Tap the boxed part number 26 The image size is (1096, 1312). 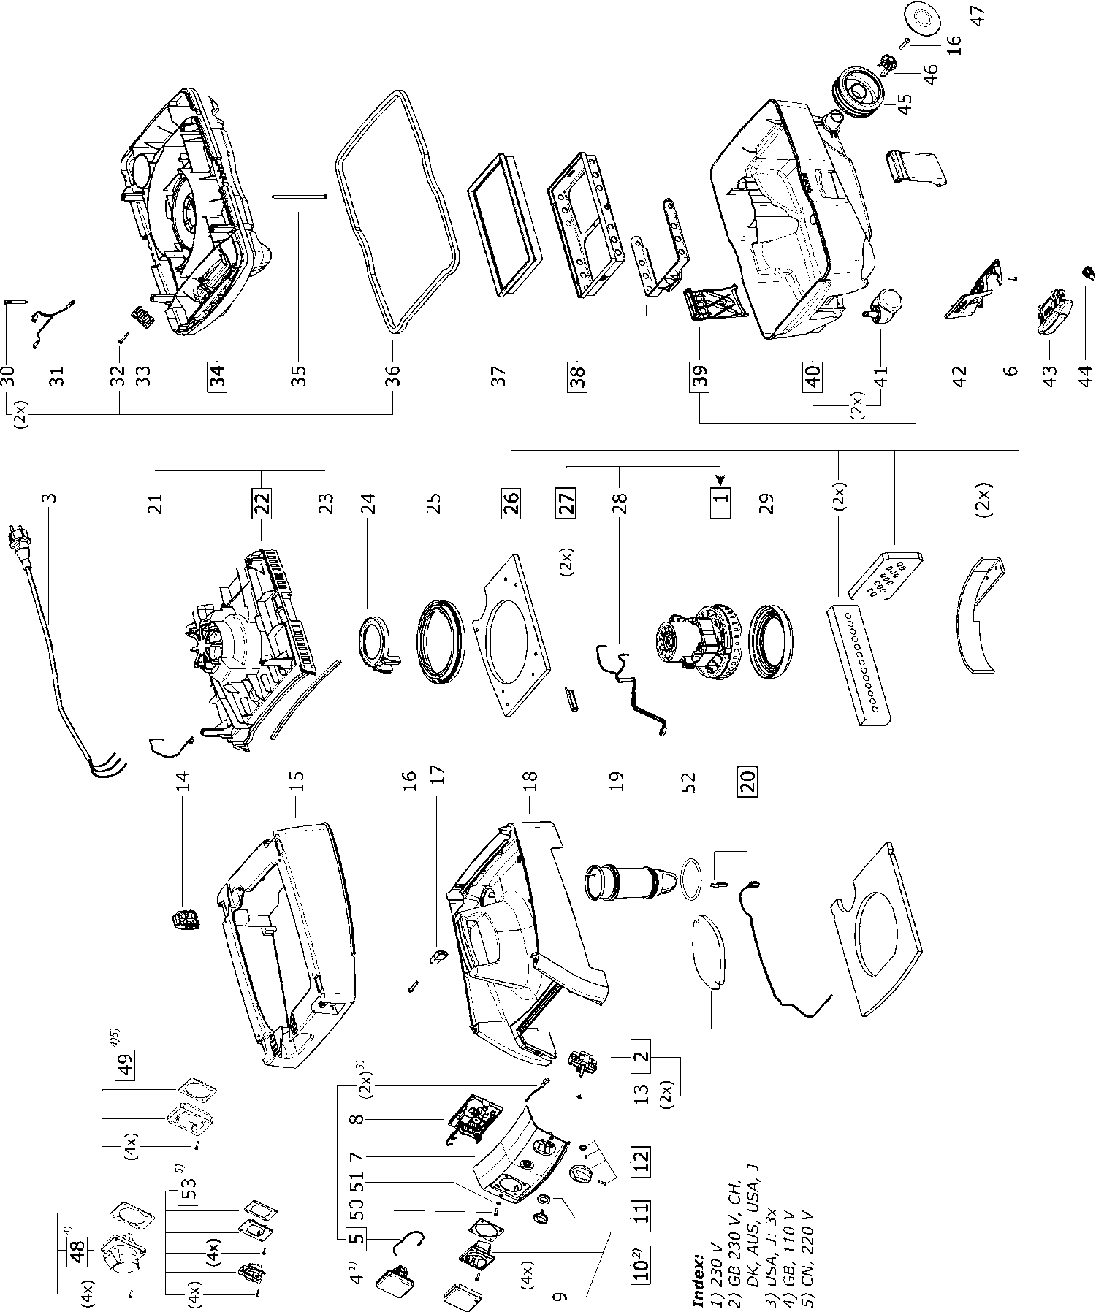[x=511, y=504]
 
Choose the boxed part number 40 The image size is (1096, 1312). [x=813, y=375]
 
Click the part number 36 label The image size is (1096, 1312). [x=393, y=375]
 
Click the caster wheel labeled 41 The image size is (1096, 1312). [x=882, y=303]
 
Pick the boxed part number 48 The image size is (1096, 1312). [x=77, y=1251]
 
